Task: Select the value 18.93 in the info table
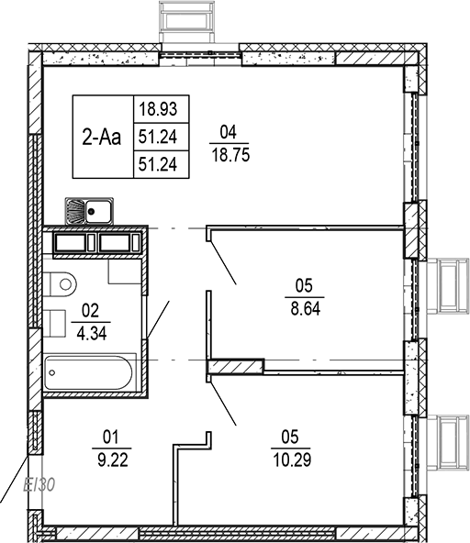coord(157,110)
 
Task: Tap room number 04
coord(229,130)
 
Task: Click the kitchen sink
coord(88,212)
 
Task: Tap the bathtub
coord(90,373)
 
